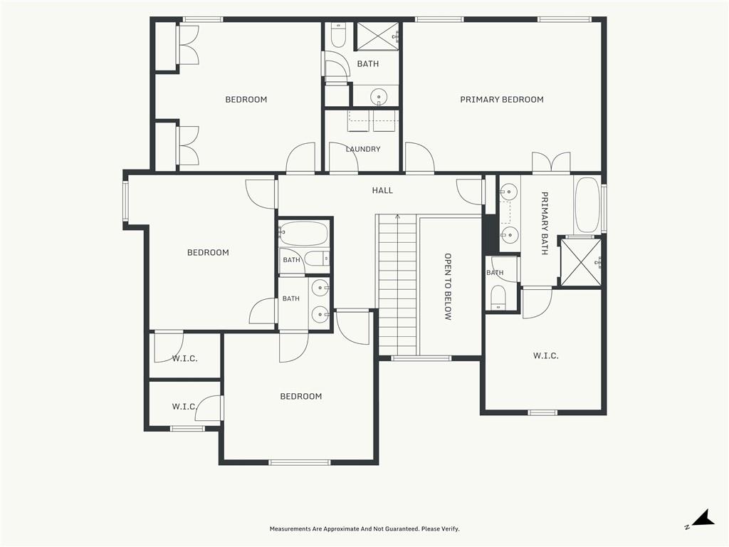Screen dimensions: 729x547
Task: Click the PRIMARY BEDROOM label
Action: (502, 100)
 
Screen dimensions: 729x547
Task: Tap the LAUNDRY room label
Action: (363, 150)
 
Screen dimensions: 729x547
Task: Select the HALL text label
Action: (382, 190)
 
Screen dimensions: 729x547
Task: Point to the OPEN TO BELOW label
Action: (448, 286)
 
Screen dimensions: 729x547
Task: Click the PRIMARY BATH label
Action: (545, 223)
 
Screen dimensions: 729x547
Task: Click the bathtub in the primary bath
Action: (587, 205)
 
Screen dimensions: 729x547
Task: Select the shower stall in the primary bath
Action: (581, 262)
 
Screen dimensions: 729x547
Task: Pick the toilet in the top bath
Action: (338, 36)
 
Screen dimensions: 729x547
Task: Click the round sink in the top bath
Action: (379, 98)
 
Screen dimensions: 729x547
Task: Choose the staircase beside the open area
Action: (397, 285)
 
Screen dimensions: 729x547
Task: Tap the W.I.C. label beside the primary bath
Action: (546, 356)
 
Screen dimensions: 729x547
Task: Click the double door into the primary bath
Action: (552, 163)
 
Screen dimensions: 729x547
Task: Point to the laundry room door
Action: (343, 157)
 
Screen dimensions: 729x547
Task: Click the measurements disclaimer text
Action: (364, 529)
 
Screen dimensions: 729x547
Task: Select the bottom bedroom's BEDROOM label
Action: (301, 396)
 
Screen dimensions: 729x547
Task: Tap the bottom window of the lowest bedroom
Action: (300, 462)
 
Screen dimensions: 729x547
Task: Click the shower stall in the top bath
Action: (377, 36)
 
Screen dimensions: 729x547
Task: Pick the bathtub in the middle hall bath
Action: (303, 234)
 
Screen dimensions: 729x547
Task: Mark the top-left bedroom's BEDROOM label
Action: (246, 100)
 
